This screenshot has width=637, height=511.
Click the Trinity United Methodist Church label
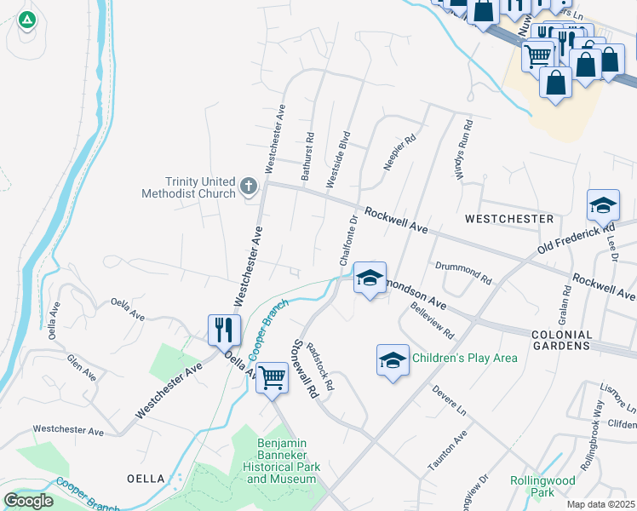[201, 187]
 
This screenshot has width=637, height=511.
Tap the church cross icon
[249, 185]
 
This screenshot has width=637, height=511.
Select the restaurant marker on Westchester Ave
[224, 329]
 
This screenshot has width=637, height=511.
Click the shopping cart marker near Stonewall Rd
[273, 376]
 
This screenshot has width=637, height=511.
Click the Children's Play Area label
[464, 358]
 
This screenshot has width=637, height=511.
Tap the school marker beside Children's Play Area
[393, 359]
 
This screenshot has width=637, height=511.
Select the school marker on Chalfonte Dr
[370, 278]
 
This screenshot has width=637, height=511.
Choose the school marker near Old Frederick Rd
[603, 205]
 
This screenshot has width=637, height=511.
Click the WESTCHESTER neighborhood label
[508, 219]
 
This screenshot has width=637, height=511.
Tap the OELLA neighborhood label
[145, 479]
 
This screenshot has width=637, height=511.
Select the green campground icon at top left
[26, 19]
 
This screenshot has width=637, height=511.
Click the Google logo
[29, 500]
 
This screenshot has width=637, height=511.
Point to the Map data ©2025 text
[600, 504]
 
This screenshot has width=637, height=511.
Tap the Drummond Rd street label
[463, 273]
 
